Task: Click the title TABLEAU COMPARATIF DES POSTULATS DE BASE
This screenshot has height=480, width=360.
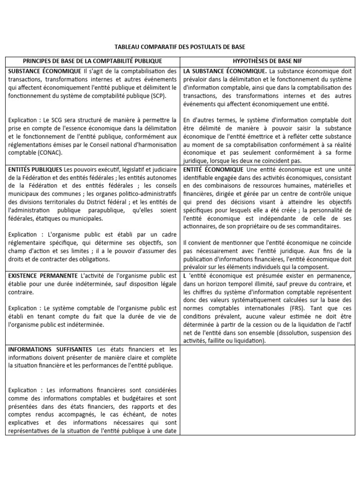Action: click(180, 47)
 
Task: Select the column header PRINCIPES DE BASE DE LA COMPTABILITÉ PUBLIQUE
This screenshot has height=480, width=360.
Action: click(92, 61)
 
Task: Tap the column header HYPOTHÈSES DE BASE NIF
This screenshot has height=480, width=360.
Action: click(267, 61)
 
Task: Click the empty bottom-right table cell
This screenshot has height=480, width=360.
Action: click(267, 390)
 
